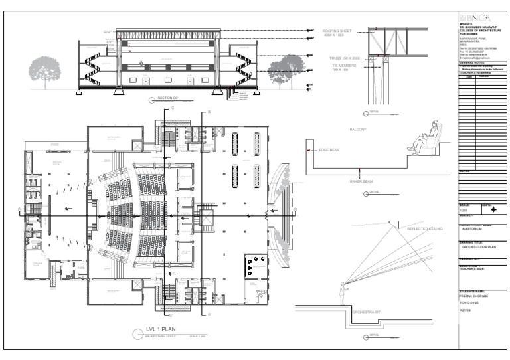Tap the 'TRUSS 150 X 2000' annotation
pos(339,59)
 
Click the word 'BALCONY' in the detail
pos(359,129)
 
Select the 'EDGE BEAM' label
pos(329,151)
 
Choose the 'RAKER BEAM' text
pos(359,181)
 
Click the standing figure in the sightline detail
pos(343,293)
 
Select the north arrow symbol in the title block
pos(493,209)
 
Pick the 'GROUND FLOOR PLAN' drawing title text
pos(476,246)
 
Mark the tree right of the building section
pos(286,68)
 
